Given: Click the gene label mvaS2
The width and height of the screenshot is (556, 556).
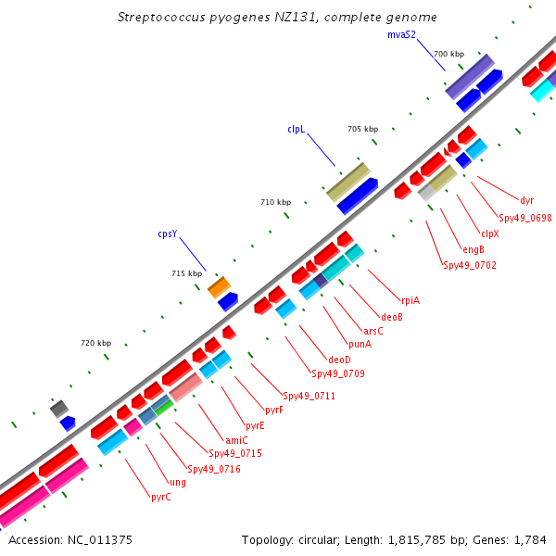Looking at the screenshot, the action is (x=401, y=35).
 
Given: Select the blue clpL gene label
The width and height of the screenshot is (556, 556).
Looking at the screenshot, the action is (x=297, y=130).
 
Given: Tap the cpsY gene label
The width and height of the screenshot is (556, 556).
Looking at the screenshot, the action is (x=168, y=234).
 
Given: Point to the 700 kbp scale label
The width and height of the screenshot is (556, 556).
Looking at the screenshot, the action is (x=449, y=54).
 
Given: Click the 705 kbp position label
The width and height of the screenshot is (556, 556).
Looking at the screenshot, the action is (x=362, y=129).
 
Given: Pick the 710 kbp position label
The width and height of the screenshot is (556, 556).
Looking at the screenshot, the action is (x=276, y=202).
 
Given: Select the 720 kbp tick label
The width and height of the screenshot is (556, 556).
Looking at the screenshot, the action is (x=96, y=343).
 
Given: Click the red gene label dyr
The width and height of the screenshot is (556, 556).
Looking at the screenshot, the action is (x=527, y=201).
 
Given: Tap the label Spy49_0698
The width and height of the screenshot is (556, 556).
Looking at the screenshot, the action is (x=525, y=218).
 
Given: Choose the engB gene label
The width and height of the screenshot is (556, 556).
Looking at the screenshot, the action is (x=474, y=249).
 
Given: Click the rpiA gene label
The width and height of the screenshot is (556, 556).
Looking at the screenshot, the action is (x=411, y=300).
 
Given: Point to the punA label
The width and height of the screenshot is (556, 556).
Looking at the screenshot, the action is (x=360, y=345).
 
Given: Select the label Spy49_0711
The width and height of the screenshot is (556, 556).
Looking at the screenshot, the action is (x=309, y=396).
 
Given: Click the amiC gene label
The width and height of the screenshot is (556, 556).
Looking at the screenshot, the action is (x=236, y=440).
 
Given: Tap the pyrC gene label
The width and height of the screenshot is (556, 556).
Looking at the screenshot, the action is (x=161, y=497).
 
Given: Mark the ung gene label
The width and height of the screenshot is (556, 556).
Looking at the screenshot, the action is (x=178, y=483).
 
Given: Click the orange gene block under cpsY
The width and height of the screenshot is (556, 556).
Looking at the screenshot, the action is (x=219, y=287).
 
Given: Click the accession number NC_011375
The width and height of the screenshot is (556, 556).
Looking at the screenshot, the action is (x=100, y=540).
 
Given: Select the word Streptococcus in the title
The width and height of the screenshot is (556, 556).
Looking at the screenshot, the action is (x=161, y=18).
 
